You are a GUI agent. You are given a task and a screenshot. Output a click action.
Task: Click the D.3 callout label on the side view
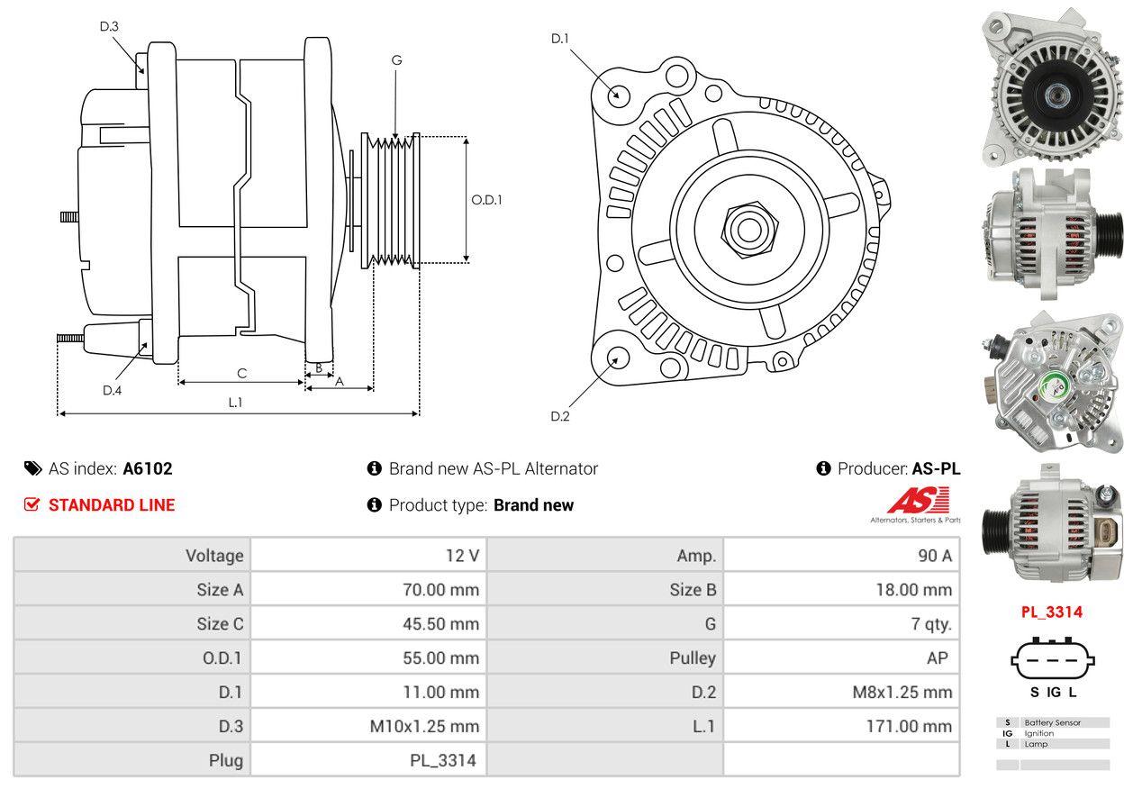[109, 26]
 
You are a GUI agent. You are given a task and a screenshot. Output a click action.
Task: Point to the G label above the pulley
[396, 60]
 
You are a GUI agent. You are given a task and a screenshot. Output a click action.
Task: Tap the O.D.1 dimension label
[486, 200]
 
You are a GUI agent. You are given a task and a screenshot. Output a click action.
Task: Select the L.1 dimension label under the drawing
[235, 403]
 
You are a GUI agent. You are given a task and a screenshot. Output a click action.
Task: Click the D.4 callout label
[112, 390]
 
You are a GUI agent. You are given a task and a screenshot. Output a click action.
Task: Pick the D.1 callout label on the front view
[560, 38]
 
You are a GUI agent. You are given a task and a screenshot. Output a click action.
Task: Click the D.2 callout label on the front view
[560, 416]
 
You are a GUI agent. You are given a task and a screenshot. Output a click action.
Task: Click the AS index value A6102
[148, 468]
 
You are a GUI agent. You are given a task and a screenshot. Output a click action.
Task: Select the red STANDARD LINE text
[112, 505]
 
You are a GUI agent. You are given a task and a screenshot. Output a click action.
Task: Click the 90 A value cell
[934, 556]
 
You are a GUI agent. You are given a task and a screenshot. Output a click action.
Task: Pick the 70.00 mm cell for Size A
[440, 590]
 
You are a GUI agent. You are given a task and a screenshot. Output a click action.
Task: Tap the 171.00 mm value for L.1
[914, 726]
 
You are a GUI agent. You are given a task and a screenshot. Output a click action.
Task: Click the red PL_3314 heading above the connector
[1051, 612]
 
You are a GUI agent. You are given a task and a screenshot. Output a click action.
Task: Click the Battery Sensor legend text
[1053, 722]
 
